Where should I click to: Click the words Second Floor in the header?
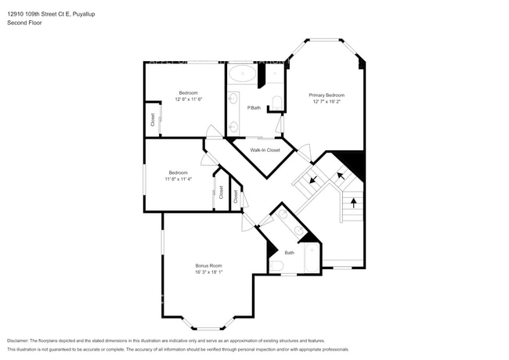point(23,23)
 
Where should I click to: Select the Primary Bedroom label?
point(327,95)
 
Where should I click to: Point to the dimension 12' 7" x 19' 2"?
point(327,101)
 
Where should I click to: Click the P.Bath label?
point(254,107)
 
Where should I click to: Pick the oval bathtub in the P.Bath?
point(242,75)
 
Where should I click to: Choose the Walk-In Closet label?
point(265,149)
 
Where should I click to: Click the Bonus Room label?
point(209,266)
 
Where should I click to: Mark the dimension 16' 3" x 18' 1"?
point(209,272)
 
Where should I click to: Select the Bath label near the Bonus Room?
point(289,253)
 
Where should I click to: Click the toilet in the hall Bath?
point(276,267)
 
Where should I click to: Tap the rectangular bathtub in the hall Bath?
point(311,259)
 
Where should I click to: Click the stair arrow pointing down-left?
point(313,180)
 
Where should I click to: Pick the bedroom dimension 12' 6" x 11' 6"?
point(189,99)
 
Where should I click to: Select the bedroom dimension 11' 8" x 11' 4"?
point(179,179)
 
